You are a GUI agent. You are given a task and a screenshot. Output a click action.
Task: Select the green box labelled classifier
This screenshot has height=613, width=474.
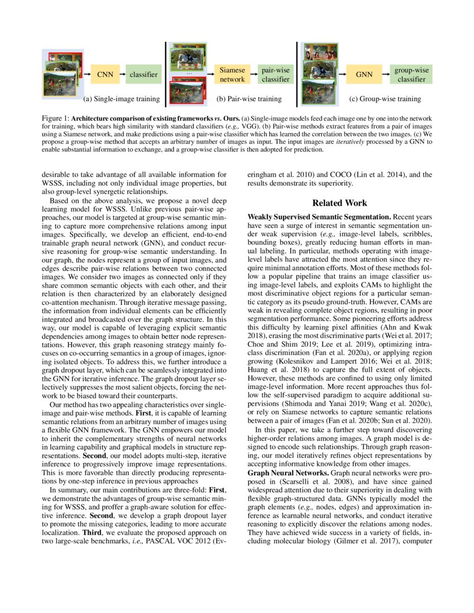(143, 74)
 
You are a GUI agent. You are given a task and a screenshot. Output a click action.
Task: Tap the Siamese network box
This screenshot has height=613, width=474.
(232, 75)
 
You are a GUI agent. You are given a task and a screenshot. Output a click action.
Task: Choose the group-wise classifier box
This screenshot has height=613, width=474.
(412, 75)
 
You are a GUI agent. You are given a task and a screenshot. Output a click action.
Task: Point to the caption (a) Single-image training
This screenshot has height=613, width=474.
(121, 100)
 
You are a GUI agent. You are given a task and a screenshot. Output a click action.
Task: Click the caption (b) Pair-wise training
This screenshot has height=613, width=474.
(249, 100)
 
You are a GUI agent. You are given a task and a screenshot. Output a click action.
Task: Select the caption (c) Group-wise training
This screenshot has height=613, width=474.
(385, 100)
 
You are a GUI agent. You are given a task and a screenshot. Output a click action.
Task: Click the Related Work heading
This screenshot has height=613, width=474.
(340, 203)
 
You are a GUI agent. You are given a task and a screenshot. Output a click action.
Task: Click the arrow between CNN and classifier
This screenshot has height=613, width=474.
(120, 74)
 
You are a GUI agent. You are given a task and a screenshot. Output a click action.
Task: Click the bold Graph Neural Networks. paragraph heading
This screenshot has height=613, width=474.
(288, 472)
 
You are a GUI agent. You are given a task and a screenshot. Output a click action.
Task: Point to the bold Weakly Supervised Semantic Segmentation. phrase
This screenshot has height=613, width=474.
(319, 216)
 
